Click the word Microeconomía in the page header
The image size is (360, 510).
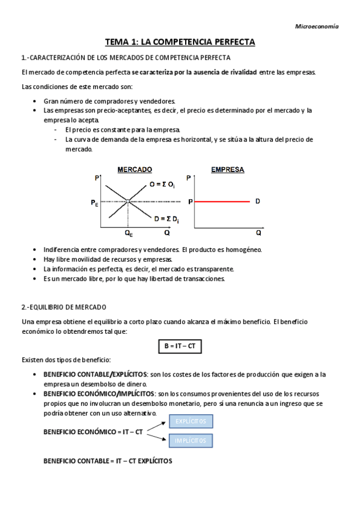point(317,26)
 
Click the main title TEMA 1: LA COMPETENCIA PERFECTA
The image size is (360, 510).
point(180,42)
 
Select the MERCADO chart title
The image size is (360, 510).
point(135,170)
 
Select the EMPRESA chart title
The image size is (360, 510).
point(227,170)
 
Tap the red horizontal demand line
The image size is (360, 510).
point(220,201)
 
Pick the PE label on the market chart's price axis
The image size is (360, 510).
point(95,204)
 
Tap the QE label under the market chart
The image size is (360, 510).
point(129,232)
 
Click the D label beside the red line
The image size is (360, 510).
point(257,201)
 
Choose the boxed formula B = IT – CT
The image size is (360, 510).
point(180,346)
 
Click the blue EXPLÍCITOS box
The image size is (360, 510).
point(191,422)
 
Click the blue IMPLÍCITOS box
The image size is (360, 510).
point(191,441)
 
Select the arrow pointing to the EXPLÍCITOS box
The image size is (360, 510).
point(157,426)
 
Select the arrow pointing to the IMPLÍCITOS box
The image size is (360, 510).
point(157,437)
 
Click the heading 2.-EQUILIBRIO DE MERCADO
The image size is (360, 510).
point(64,307)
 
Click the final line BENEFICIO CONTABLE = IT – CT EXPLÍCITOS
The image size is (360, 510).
point(108,461)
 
